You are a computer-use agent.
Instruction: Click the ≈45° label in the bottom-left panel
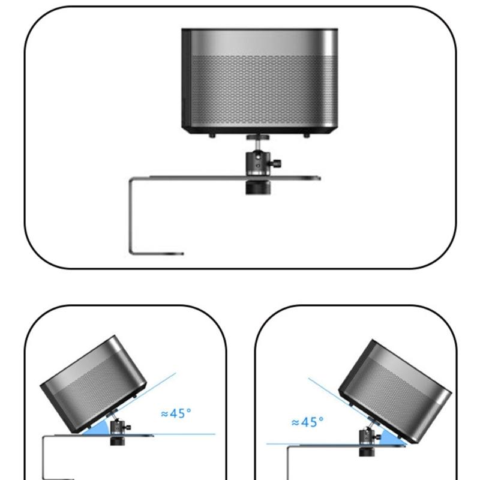pyautogui.click(x=176, y=413)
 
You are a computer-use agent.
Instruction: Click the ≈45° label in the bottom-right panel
pyautogui.click(x=307, y=422)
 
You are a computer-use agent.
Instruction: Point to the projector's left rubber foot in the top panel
pyautogui.click(x=212, y=136)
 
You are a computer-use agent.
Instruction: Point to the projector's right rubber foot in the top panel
pyautogui.click(x=306, y=136)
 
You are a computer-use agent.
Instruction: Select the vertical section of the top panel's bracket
pyautogui.click(x=131, y=216)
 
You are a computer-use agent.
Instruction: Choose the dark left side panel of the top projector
pyautogui.click(x=187, y=78)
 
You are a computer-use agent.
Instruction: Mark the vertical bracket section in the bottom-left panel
pyautogui.click(x=44, y=459)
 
